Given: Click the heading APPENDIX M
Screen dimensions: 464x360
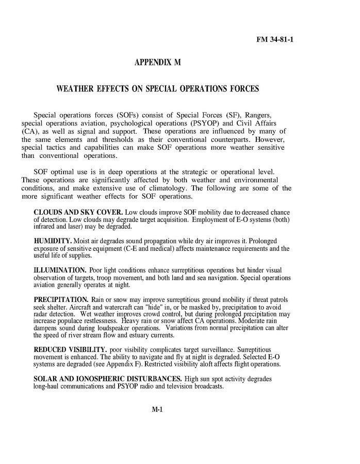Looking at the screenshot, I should click(157, 63).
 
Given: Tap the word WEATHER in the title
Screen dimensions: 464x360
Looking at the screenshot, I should click(75, 89).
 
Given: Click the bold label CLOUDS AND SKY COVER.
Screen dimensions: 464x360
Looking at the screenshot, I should click(77, 213).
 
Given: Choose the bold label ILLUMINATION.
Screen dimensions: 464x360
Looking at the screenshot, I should click(60, 270).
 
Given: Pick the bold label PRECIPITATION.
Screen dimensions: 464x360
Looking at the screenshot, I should click(61, 299).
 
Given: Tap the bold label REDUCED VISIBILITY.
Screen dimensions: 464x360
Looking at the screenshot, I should click(70, 350).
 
